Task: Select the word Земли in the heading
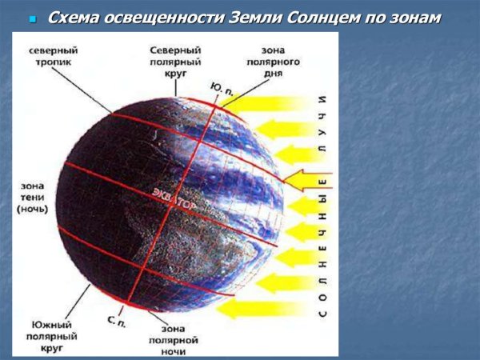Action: (274, 17)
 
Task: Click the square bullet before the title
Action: (33, 18)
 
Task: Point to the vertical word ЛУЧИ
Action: (322, 125)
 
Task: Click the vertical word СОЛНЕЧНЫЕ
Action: (322, 249)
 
